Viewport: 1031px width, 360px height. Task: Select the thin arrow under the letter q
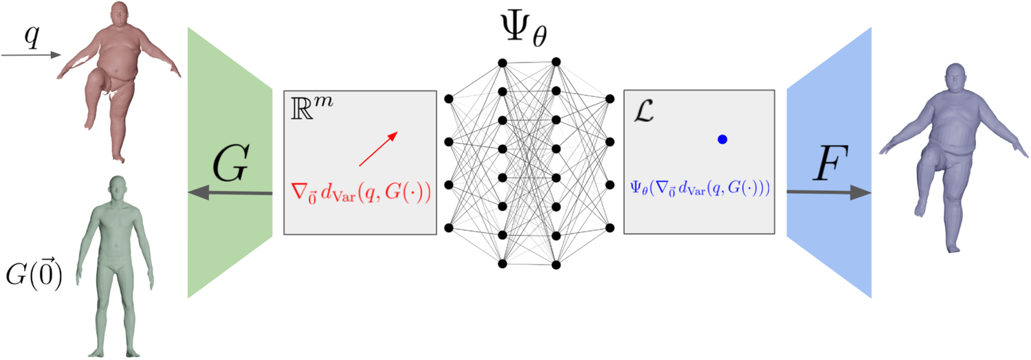(31, 55)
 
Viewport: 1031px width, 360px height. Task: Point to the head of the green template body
(117, 186)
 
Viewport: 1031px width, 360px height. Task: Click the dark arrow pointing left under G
(230, 194)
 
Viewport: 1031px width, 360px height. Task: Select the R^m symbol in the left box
(307, 109)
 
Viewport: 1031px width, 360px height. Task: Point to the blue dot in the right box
(722, 139)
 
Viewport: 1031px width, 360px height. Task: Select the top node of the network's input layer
(449, 99)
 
